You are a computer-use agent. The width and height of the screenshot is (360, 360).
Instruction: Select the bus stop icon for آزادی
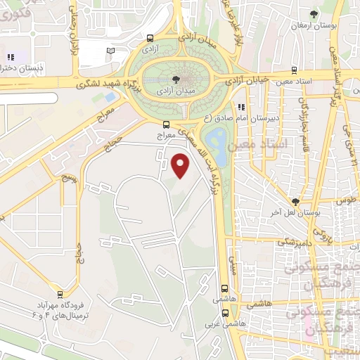[150, 39]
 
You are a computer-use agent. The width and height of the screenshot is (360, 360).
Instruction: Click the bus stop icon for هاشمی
[224, 288]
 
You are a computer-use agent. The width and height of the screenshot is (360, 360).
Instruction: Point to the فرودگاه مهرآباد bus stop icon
[60, 295]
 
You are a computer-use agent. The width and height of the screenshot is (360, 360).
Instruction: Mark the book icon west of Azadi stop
[110, 51]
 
